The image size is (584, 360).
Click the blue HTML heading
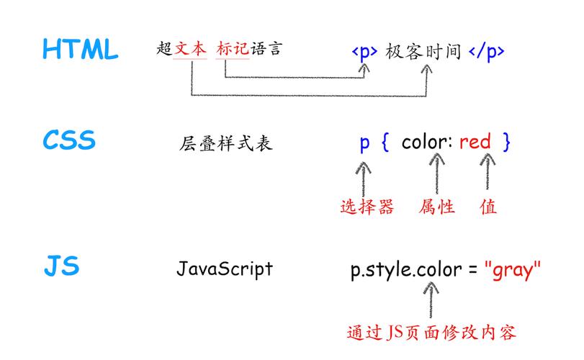(80, 50)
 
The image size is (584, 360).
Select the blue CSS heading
(69, 140)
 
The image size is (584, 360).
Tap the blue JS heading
(62, 267)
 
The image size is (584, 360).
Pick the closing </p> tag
(486, 52)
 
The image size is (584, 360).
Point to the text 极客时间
(423, 52)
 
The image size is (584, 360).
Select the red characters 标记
(233, 49)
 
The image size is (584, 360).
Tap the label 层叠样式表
(226, 143)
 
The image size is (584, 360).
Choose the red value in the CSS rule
(475, 142)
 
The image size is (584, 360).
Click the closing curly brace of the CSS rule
(507, 142)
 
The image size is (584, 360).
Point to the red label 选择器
(367, 207)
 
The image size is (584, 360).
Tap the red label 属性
(437, 207)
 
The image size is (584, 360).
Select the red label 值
(488, 207)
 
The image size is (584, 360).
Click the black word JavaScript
(225, 269)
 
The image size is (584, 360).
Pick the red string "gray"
(512, 270)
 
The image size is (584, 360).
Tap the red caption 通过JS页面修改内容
(431, 333)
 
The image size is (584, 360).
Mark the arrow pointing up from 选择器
(366, 176)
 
